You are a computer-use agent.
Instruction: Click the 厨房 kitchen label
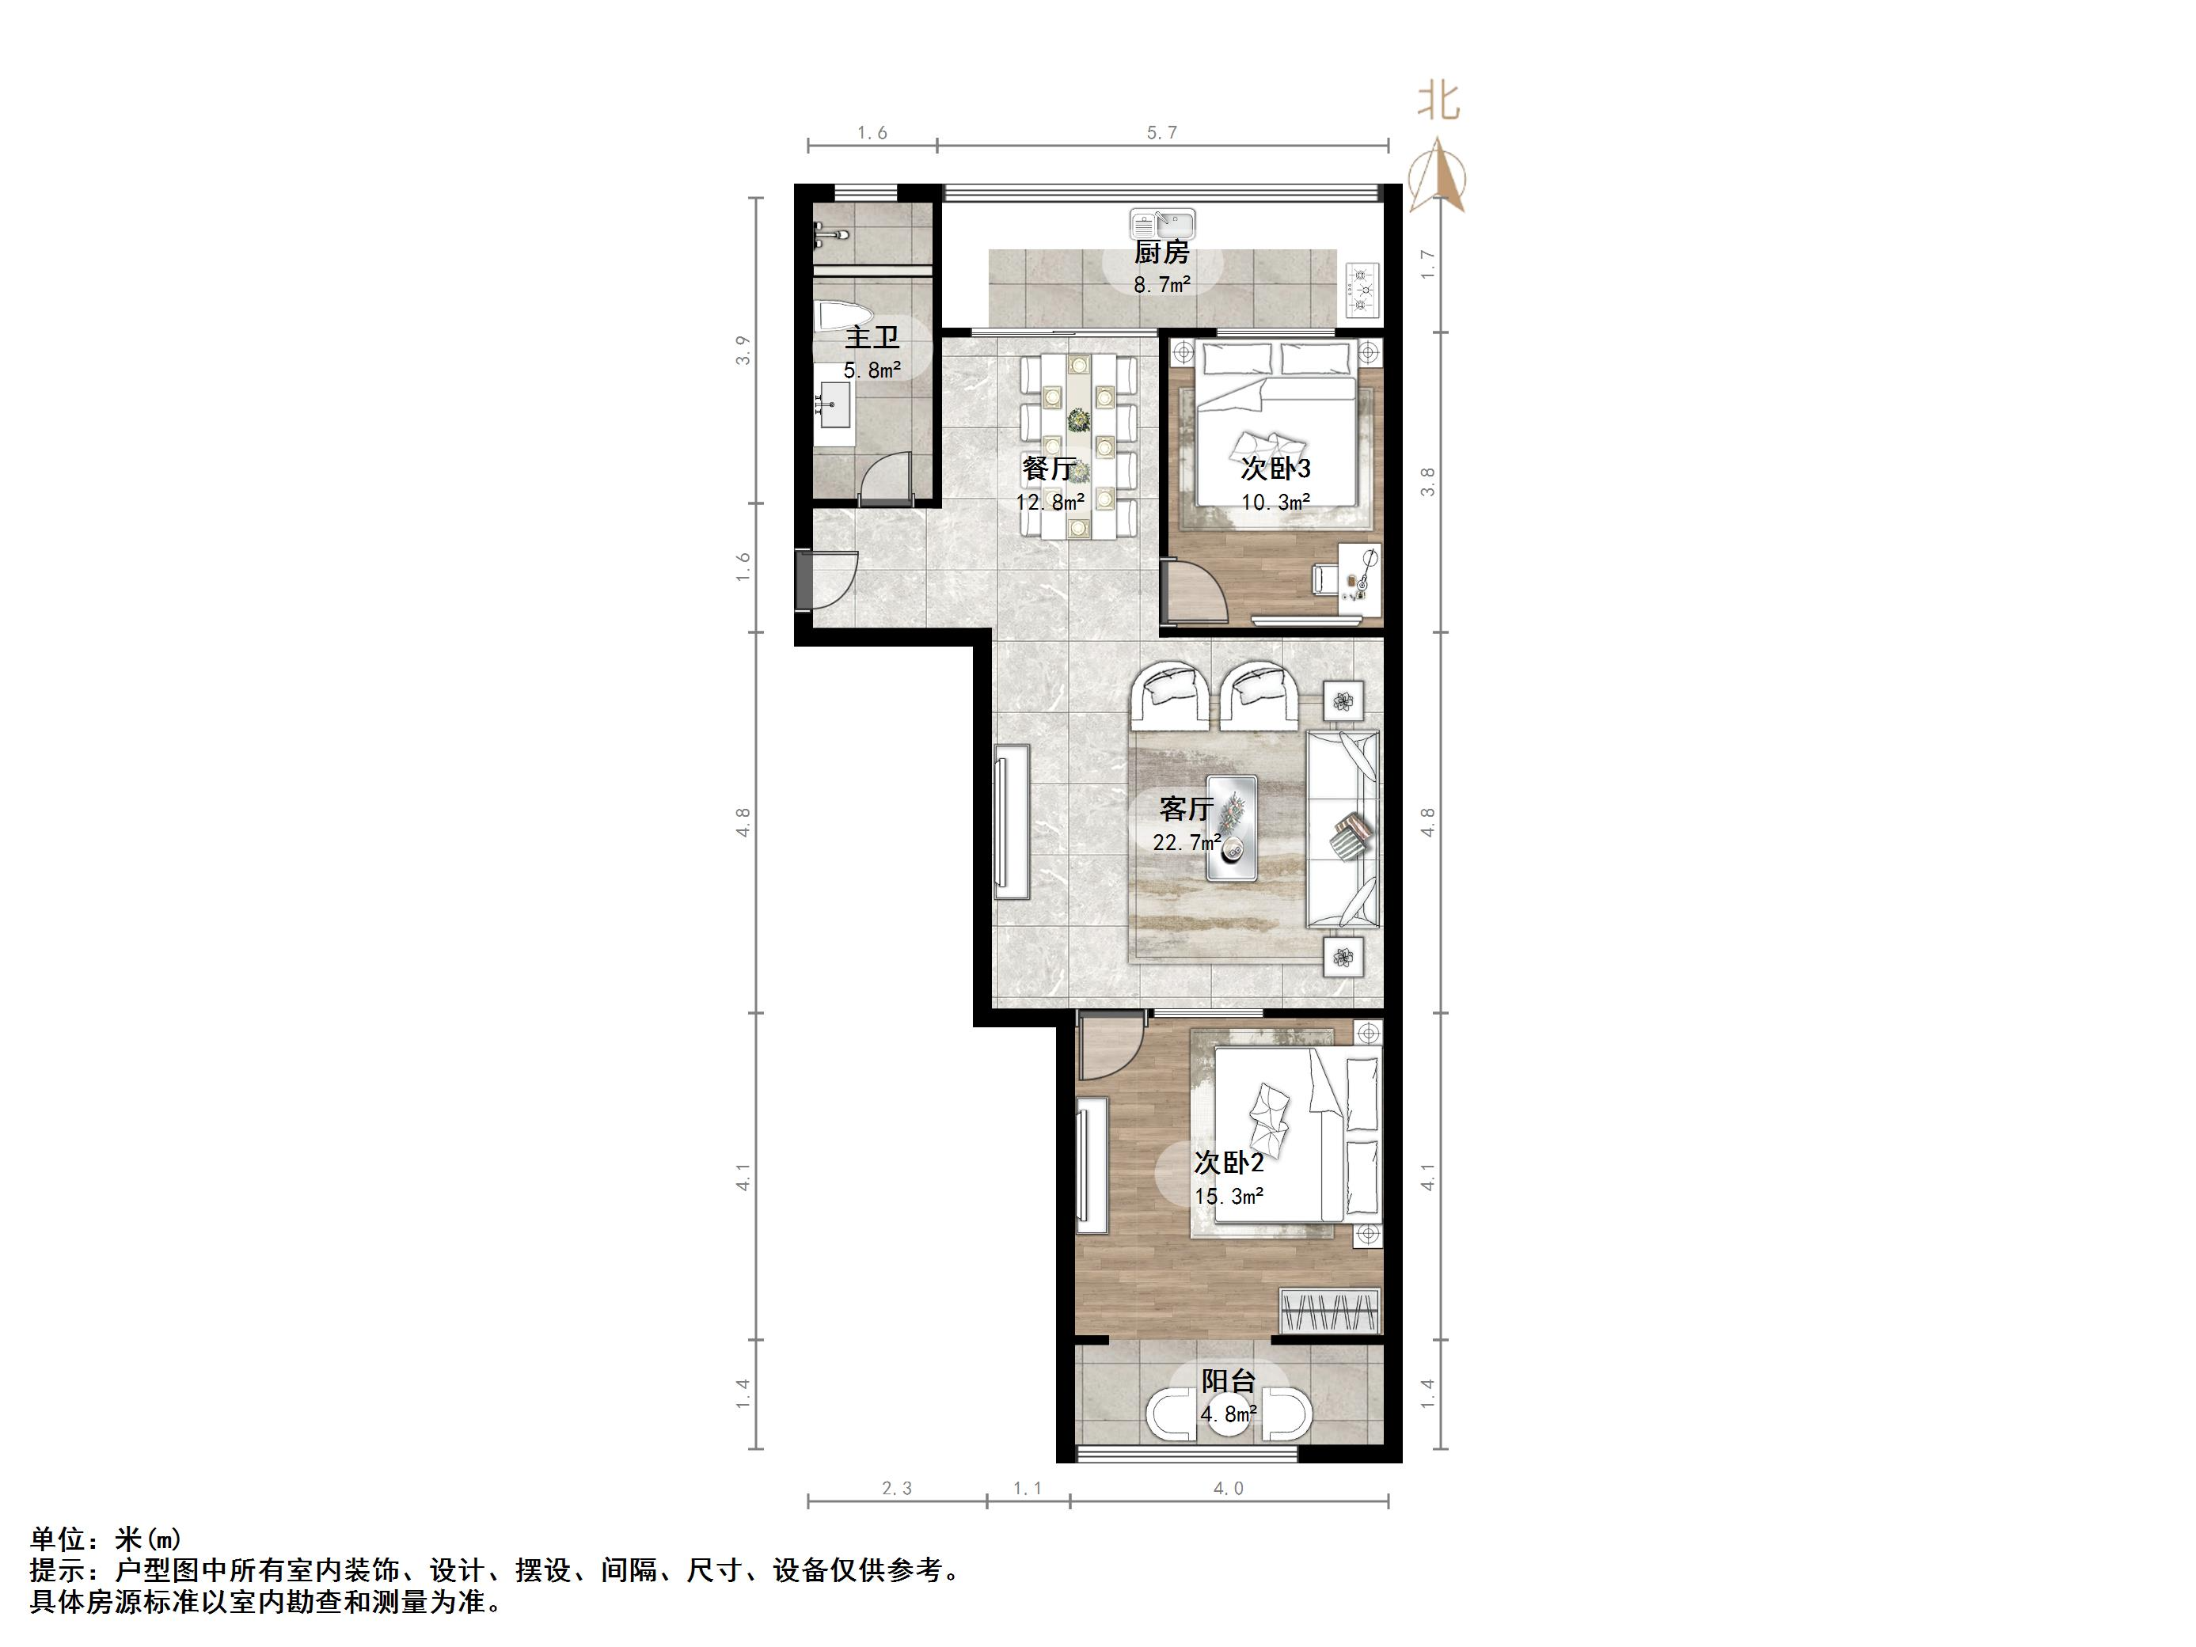pyautogui.click(x=1161, y=253)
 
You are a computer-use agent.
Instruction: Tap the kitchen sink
pyautogui.click(x=1161, y=224)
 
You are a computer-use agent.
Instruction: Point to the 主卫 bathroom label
pyautogui.click(x=872, y=337)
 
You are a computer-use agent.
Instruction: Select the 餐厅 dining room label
pyautogui.click(x=1050, y=468)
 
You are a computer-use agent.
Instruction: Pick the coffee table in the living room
pyautogui.click(x=1231, y=828)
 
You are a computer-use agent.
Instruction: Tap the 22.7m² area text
pyautogui.click(x=1187, y=843)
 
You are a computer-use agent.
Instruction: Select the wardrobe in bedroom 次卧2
pyautogui.click(x=1330, y=1311)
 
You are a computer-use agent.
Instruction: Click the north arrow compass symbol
pyautogui.click(x=1438, y=176)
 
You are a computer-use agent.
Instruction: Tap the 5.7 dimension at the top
pyautogui.click(x=1161, y=133)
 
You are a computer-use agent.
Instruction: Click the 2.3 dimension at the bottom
pyautogui.click(x=896, y=1488)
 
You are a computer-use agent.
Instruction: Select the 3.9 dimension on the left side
pyautogui.click(x=743, y=351)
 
